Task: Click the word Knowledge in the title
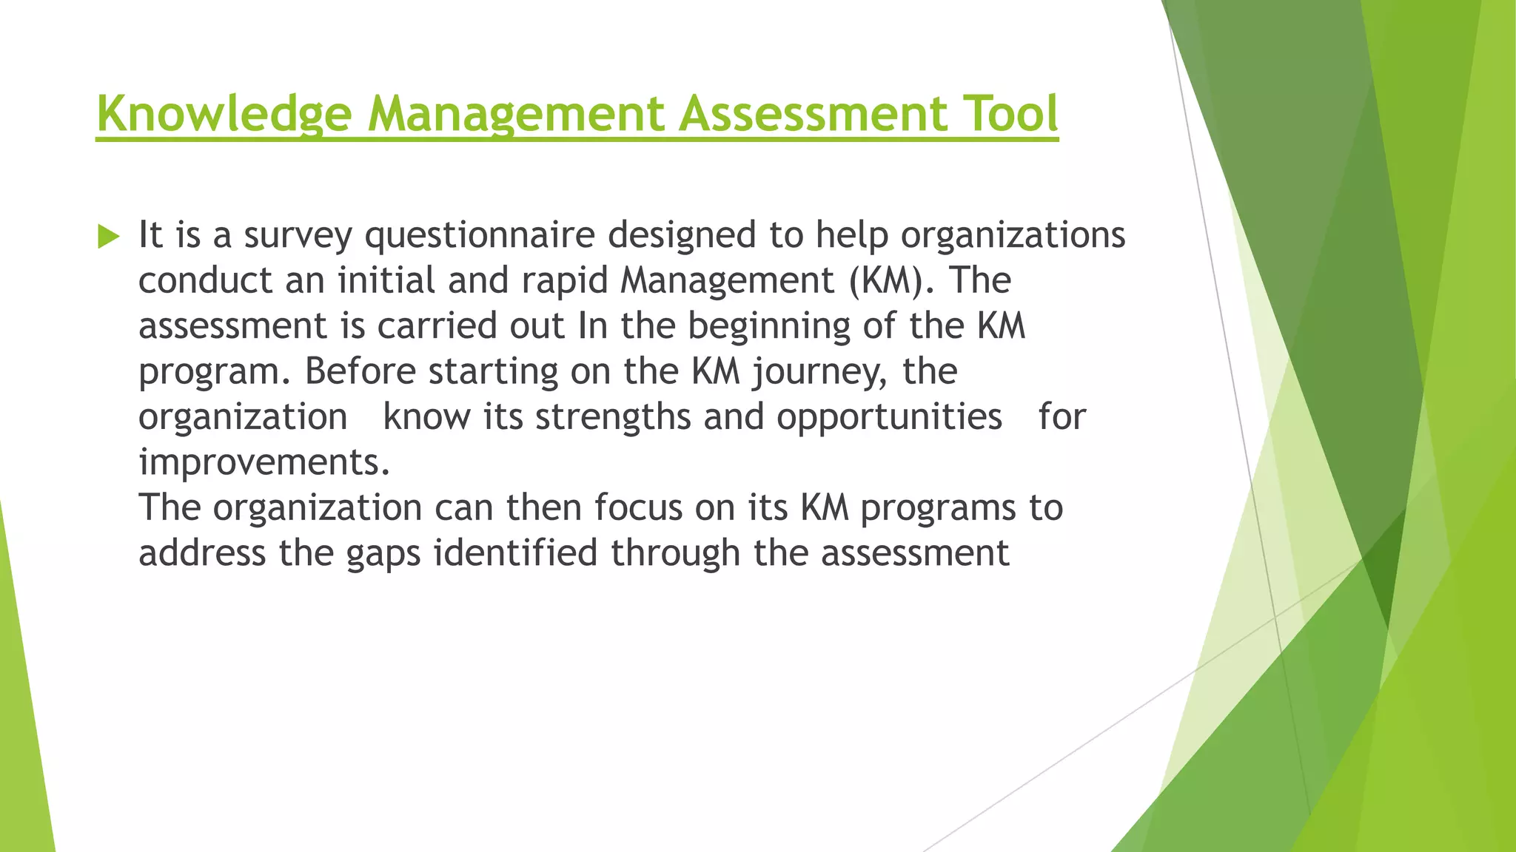tap(224, 114)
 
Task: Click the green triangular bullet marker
tap(108, 237)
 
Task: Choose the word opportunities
tap(889, 417)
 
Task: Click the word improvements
tap(264, 463)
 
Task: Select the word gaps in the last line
tap(383, 554)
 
